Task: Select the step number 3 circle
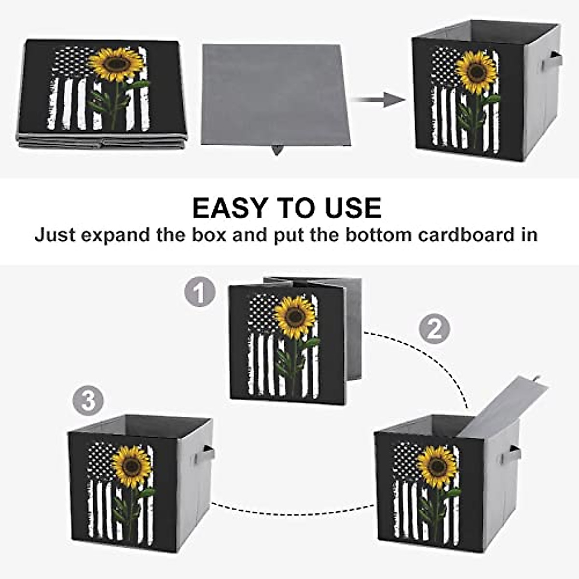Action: [x=88, y=401]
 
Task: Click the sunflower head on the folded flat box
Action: [x=116, y=64]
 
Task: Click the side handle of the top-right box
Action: [x=551, y=61]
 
